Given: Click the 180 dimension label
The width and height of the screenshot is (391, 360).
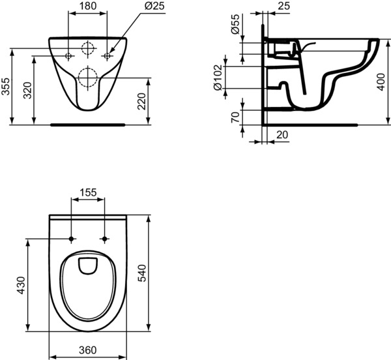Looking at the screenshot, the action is click(88, 6).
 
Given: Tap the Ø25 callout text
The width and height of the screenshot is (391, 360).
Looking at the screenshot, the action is click(154, 6).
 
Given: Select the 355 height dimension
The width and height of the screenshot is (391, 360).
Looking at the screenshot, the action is click(5, 86).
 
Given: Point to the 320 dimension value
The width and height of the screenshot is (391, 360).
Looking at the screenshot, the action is click(27, 90).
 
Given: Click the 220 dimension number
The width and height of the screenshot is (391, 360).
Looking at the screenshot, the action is click(141, 101).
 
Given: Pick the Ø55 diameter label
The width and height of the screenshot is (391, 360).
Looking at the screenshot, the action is click(235, 24).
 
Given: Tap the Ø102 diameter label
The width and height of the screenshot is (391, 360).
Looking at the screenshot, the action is click(218, 78).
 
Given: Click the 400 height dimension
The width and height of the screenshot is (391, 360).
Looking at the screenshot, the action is click(381, 82).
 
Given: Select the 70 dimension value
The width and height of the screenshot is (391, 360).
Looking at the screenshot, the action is click(235, 117).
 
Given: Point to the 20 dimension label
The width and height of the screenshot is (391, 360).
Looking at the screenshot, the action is click(282, 135).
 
